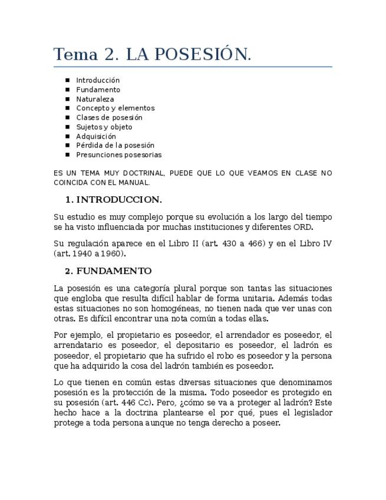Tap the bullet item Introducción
[x=98, y=80]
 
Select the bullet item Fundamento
[x=98, y=90]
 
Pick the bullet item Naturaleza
[x=95, y=99]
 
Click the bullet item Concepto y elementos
[x=115, y=108]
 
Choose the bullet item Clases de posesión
[x=109, y=117]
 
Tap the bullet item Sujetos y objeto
[x=104, y=127]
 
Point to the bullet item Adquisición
[x=96, y=136]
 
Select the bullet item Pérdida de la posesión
[x=115, y=145]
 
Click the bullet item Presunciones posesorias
[x=118, y=154]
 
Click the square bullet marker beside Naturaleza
[x=68, y=99]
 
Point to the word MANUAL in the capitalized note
[x=135, y=182]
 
